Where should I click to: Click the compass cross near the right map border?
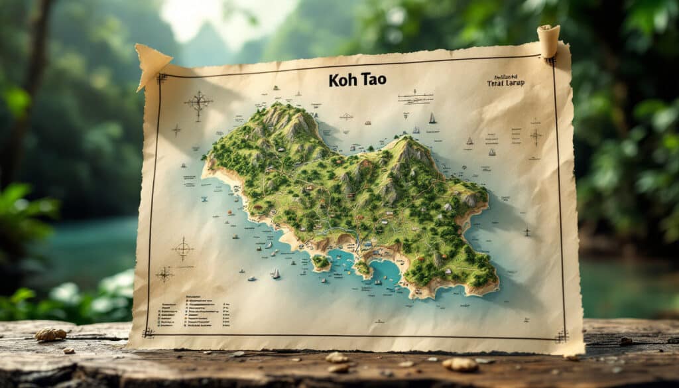(x=535, y=136)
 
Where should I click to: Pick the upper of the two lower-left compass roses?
(x=182, y=249)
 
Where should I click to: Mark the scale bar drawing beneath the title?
(x=415, y=97)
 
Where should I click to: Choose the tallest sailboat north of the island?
(x=432, y=118)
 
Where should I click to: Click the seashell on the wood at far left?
(x=50, y=334)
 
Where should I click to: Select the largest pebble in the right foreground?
(x=460, y=364)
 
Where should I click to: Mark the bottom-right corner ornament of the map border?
(x=562, y=336)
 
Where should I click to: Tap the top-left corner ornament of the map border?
(x=161, y=78)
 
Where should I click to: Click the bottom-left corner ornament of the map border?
(x=149, y=332)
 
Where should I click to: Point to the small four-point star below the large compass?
(x=176, y=130)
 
